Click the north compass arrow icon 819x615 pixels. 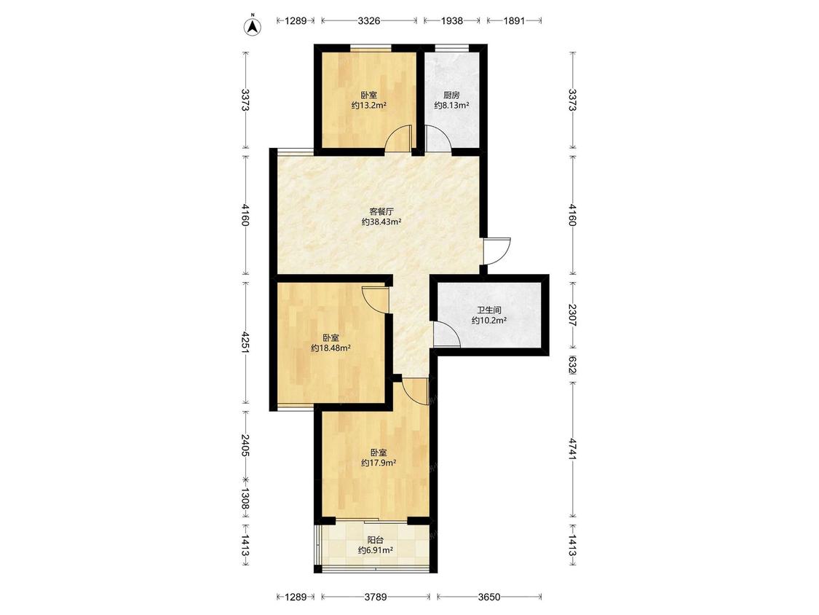click(x=253, y=26)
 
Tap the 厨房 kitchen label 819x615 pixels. click(x=451, y=95)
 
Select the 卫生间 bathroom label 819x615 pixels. click(x=489, y=310)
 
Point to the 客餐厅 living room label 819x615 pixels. click(x=381, y=212)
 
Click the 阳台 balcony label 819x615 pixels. click(x=375, y=540)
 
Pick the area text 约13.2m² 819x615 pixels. click(x=369, y=106)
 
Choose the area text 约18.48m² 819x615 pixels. click(x=331, y=348)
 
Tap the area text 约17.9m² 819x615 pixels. click(x=379, y=463)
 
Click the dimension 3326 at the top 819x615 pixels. click(x=369, y=21)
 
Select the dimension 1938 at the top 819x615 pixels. click(x=452, y=21)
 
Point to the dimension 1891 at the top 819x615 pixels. click(x=514, y=21)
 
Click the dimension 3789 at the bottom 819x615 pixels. click(x=376, y=596)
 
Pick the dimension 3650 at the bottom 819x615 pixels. click(x=489, y=596)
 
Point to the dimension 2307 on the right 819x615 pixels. click(x=573, y=316)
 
